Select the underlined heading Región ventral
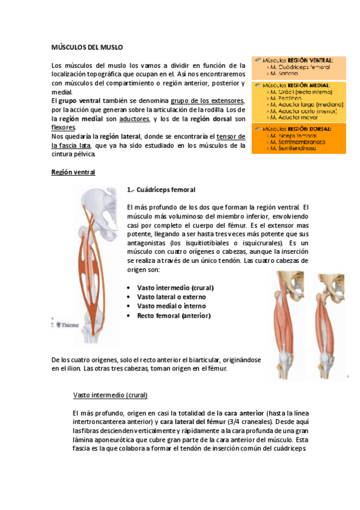coord(73,173)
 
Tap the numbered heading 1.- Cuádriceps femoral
coord(162,190)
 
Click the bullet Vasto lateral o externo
coord(171,297)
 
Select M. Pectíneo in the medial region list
coord(287,97)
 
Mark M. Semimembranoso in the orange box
coord(299,142)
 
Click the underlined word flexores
coord(64,127)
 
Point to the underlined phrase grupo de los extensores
coord(207,100)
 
